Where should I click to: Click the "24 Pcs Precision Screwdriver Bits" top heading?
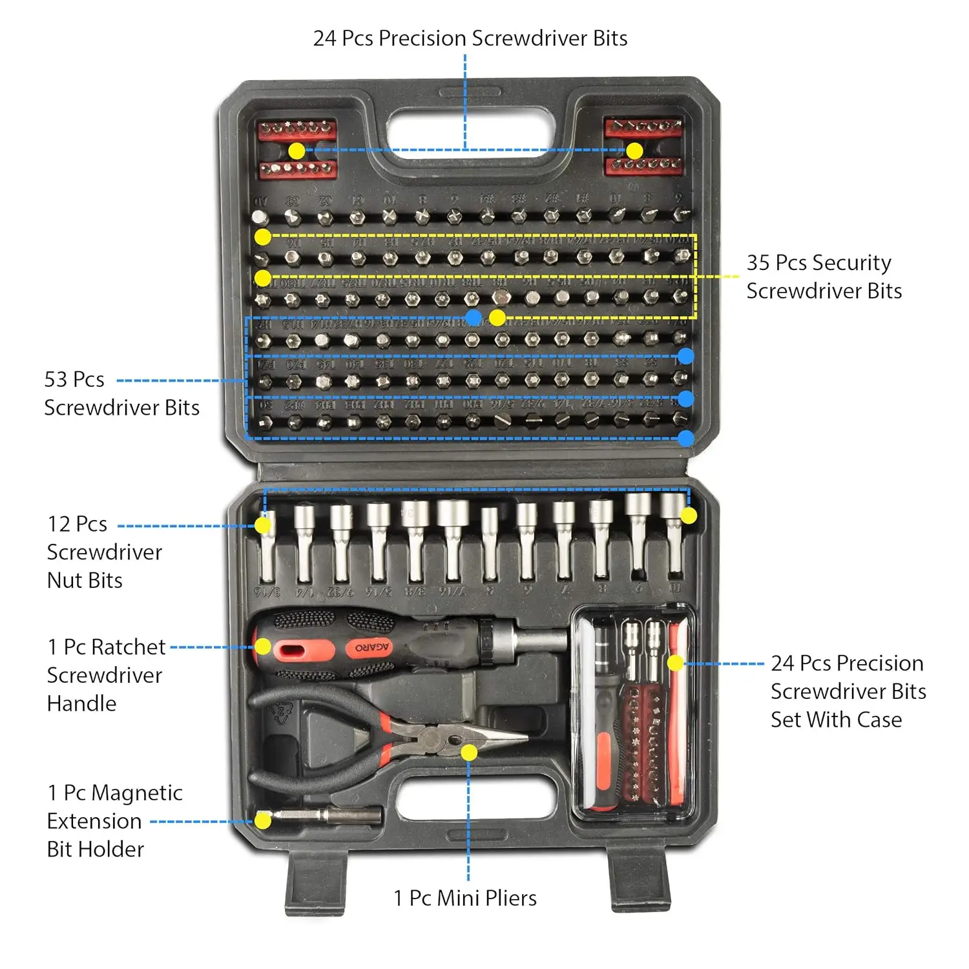pos(470,38)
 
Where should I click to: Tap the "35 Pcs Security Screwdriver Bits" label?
pos(824,276)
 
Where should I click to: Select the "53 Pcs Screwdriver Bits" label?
pos(121,393)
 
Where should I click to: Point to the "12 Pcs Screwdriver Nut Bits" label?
pos(104,552)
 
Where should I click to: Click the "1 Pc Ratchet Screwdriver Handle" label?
pos(106,675)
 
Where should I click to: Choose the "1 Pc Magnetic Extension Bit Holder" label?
pos(114,820)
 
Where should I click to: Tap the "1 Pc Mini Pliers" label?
pos(465,898)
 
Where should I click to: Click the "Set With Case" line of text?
pos(836,720)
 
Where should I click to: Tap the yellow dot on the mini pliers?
pos(469,753)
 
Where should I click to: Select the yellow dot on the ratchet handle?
pos(262,647)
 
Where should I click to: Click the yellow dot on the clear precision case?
pos(675,663)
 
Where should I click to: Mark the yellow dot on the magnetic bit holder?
pos(262,820)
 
